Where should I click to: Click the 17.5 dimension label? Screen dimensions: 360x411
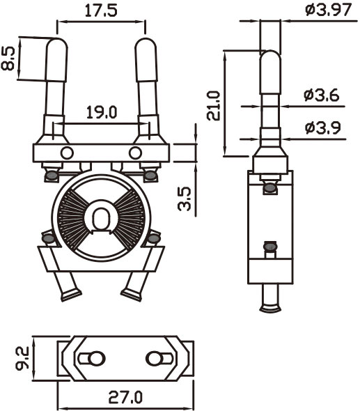[101, 10]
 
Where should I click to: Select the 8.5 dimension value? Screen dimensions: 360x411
[8, 59]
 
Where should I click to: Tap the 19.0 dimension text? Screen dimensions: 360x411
[102, 112]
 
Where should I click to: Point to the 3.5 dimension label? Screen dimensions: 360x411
[185, 199]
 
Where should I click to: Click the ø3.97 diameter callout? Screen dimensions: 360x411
[328, 10]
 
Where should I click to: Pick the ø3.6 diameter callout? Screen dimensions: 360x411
[322, 95]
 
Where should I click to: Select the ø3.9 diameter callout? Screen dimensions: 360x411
[323, 127]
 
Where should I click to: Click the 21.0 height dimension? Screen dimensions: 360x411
[213, 105]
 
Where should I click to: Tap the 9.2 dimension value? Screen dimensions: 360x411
[22, 358]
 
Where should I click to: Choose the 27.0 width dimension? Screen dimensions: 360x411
[125, 396]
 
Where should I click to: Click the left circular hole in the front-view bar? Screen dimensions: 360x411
[67, 153]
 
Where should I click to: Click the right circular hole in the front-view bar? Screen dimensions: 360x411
[136, 153]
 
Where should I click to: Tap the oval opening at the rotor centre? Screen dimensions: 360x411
[101, 218]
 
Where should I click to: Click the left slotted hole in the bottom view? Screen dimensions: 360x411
[92, 358]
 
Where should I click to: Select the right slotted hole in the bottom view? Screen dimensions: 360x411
[159, 358]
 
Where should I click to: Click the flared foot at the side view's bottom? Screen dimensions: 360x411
[271, 308]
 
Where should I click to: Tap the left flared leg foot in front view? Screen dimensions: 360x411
[71, 295]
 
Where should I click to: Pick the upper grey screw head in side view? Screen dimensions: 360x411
[270, 187]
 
